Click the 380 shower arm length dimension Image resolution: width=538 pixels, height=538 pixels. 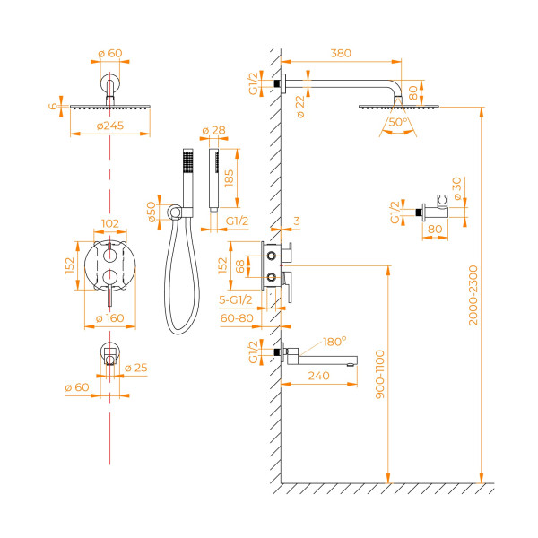(340, 54)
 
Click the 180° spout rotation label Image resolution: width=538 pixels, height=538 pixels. (334, 342)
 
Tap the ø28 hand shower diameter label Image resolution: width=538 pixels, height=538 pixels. (213, 132)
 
